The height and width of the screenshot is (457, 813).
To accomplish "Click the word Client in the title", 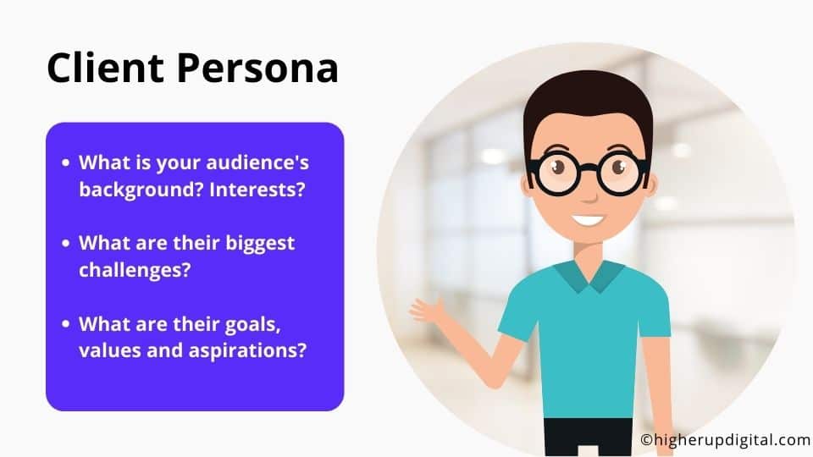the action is click(x=105, y=68).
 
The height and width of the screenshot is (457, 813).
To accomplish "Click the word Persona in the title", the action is click(x=257, y=68).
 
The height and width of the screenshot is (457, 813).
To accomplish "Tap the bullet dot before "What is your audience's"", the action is click(x=65, y=162).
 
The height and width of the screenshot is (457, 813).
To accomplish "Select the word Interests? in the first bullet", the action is click(x=257, y=189).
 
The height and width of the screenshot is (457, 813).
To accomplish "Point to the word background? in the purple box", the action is click(x=141, y=190).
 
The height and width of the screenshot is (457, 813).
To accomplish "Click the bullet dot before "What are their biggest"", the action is click(x=65, y=243).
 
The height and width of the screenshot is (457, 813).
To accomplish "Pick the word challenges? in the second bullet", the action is click(x=135, y=270).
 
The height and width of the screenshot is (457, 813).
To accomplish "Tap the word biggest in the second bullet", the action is click(x=260, y=244).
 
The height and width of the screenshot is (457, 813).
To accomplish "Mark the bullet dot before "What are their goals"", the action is click(x=65, y=324).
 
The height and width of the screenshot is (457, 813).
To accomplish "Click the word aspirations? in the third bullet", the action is click(x=247, y=350).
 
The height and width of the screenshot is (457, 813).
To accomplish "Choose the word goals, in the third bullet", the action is click(x=252, y=325).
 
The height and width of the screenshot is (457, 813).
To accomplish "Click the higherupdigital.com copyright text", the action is click(x=726, y=440).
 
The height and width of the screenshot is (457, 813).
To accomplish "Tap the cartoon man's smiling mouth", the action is click(x=587, y=220).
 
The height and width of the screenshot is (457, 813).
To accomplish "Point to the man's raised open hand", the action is click(x=428, y=310).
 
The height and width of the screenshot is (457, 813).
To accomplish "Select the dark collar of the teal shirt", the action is click(x=589, y=277).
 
